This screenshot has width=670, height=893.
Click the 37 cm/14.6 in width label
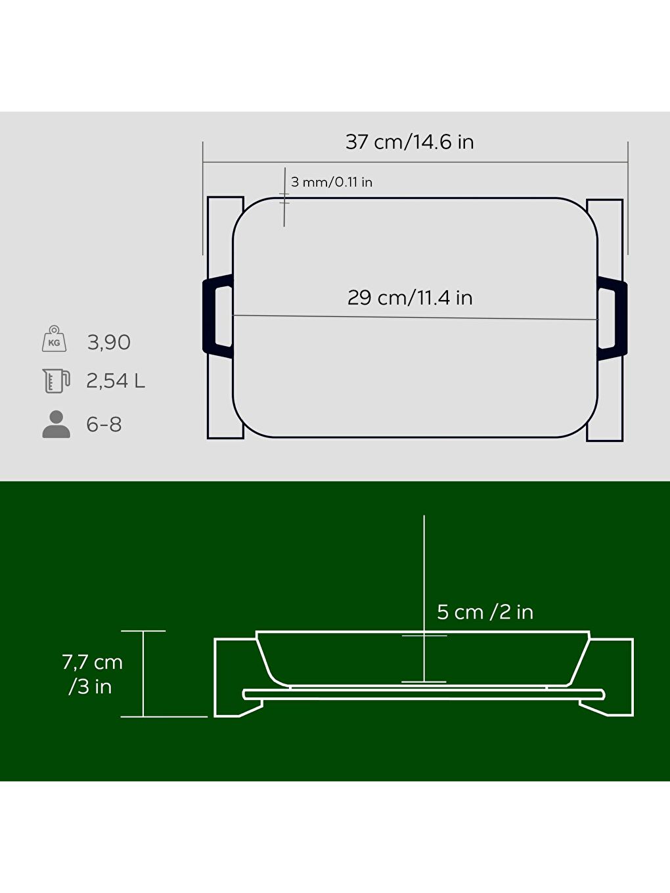409,142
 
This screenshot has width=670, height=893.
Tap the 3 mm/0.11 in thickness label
331,182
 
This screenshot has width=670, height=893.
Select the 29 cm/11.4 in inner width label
410,297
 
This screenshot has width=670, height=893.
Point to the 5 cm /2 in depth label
485,612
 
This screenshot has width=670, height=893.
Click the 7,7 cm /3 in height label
92,674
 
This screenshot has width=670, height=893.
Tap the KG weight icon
54,339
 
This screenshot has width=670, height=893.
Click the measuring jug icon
56,381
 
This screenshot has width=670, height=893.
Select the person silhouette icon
56,424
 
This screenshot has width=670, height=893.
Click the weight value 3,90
109,342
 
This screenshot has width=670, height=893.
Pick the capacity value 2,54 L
116,381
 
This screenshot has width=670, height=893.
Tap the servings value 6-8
104,424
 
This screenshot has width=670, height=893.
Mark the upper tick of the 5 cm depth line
424,636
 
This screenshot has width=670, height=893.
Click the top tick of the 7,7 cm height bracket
143,631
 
